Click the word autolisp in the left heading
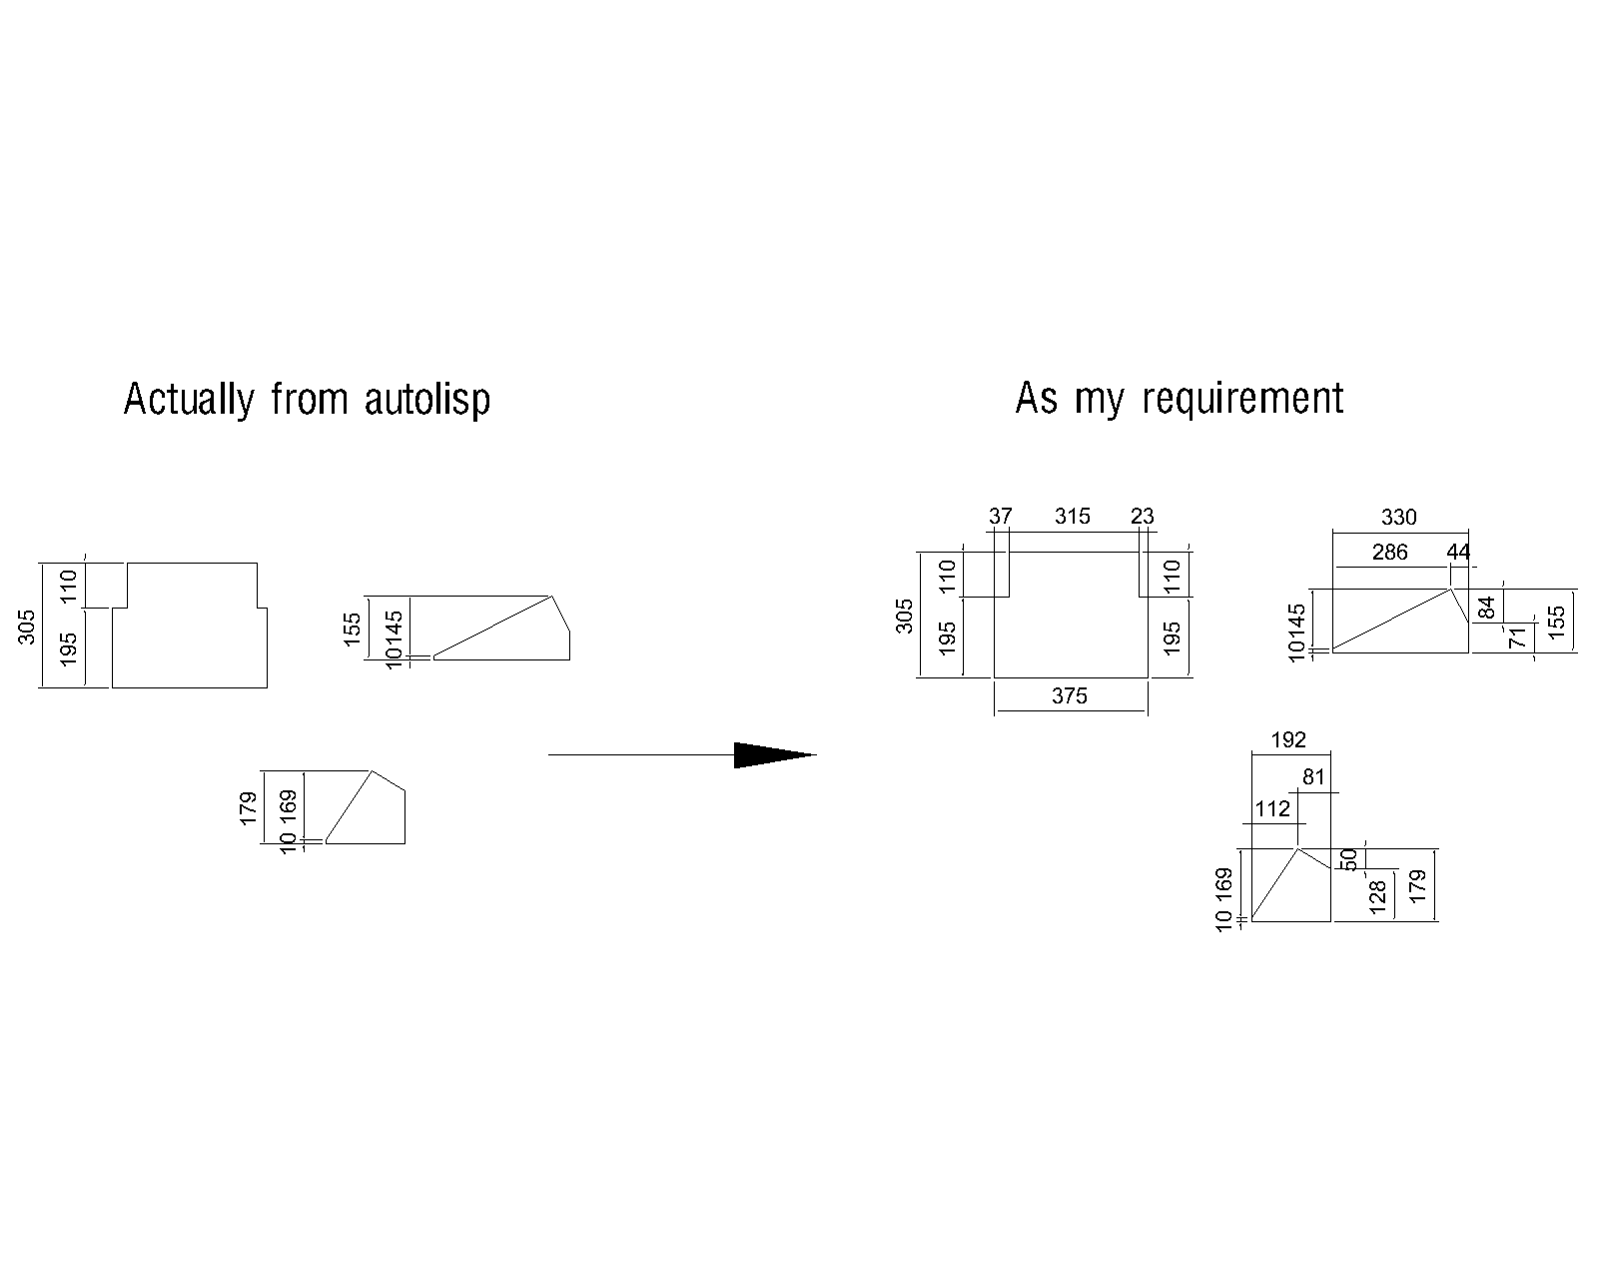427,400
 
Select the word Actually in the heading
188,400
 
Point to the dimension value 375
1069,695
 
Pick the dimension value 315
1072,517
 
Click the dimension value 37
1000,517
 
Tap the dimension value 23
1142,517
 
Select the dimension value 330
1398,517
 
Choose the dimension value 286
1389,552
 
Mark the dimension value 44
1458,552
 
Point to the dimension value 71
1518,638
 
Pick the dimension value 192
1288,740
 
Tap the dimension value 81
1313,776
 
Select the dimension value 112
1272,808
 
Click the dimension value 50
1348,859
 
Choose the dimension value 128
1378,895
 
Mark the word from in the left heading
309,400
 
